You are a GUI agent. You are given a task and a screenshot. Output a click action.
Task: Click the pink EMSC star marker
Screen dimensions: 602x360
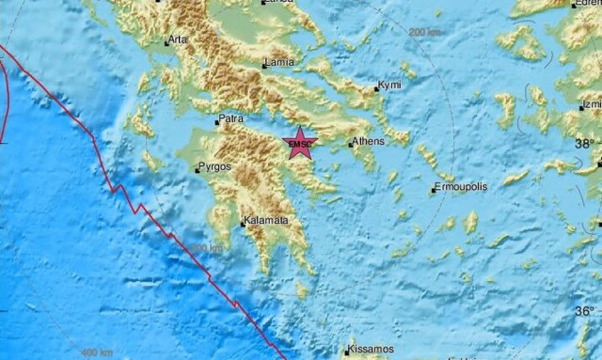(x=300, y=143)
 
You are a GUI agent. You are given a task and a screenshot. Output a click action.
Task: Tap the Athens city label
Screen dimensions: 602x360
(x=367, y=143)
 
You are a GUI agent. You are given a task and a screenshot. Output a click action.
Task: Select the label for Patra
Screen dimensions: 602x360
(x=230, y=119)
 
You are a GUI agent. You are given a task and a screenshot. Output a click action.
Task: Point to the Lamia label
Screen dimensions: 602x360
(x=279, y=63)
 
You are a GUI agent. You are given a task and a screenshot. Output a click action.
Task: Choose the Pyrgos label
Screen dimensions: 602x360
(x=213, y=168)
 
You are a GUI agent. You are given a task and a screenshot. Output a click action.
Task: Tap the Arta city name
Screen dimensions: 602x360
(x=177, y=40)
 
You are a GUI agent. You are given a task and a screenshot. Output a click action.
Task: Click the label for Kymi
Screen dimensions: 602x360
(x=389, y=86)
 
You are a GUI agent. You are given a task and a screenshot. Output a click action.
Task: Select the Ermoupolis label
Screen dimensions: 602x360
(x=462, y=187)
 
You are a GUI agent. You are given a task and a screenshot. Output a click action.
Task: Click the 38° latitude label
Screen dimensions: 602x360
(x=586, y=144)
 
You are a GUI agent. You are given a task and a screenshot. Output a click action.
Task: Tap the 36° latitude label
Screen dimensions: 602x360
(x=586, y=311)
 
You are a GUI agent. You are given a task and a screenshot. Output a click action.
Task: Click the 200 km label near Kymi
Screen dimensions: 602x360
(x=425, y=32)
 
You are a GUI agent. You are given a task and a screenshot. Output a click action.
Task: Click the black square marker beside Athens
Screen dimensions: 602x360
(x=350, y=145)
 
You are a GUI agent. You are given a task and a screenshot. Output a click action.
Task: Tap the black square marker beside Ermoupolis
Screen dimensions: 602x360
(x=434, y=191)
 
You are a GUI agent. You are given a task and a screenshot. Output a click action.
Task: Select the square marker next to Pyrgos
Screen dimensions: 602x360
(x=195, y=170)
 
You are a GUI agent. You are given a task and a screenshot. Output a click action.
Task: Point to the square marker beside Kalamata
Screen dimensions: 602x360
(x=242, y=224)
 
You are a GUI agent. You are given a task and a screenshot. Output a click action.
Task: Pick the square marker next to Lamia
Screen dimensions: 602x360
(x=263, y=65)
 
